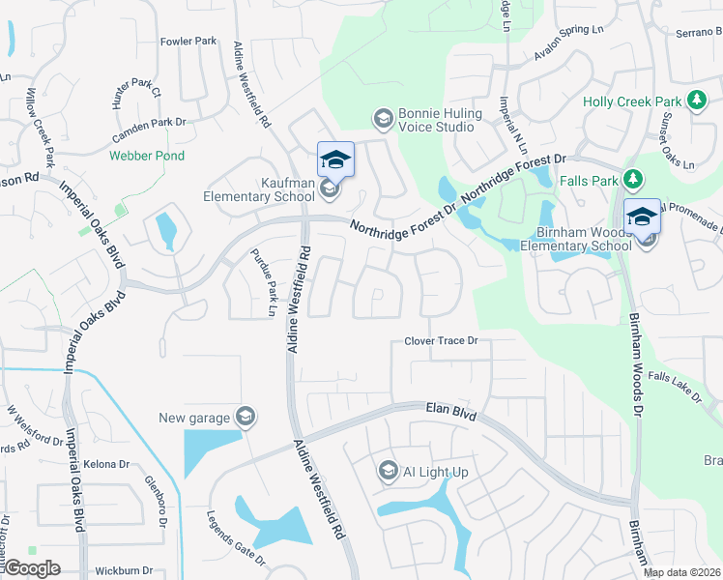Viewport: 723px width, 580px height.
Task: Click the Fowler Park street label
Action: pos(188,42)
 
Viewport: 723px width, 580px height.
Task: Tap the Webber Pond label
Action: pos(146,156)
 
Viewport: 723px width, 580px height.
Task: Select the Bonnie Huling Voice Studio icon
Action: pos(383,119)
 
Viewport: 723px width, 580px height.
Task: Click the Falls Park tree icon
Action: pos(632,179)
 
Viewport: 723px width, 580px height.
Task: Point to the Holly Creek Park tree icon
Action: pos(695,101)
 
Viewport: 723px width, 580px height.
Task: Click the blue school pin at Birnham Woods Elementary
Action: pos(642,217)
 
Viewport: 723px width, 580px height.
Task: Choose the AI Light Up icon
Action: pos(389,471)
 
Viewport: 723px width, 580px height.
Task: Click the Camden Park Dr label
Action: pos(152,123)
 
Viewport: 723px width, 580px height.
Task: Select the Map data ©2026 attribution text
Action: pos(680,572)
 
